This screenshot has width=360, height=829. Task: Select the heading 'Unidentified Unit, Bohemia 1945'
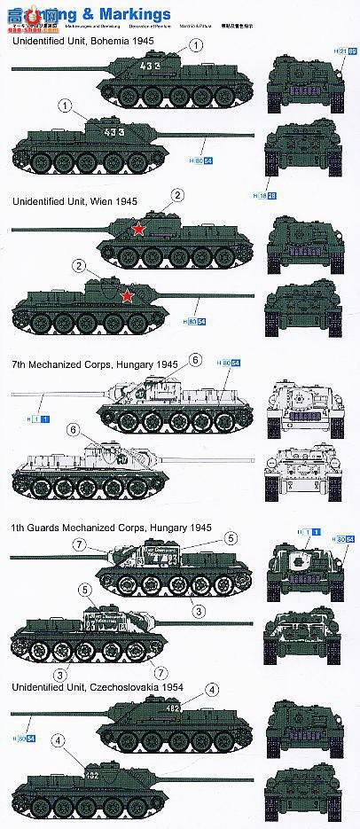(84, 40)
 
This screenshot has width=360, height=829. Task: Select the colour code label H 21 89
(344, 52)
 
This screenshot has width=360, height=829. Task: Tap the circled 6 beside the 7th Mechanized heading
(197, 359)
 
